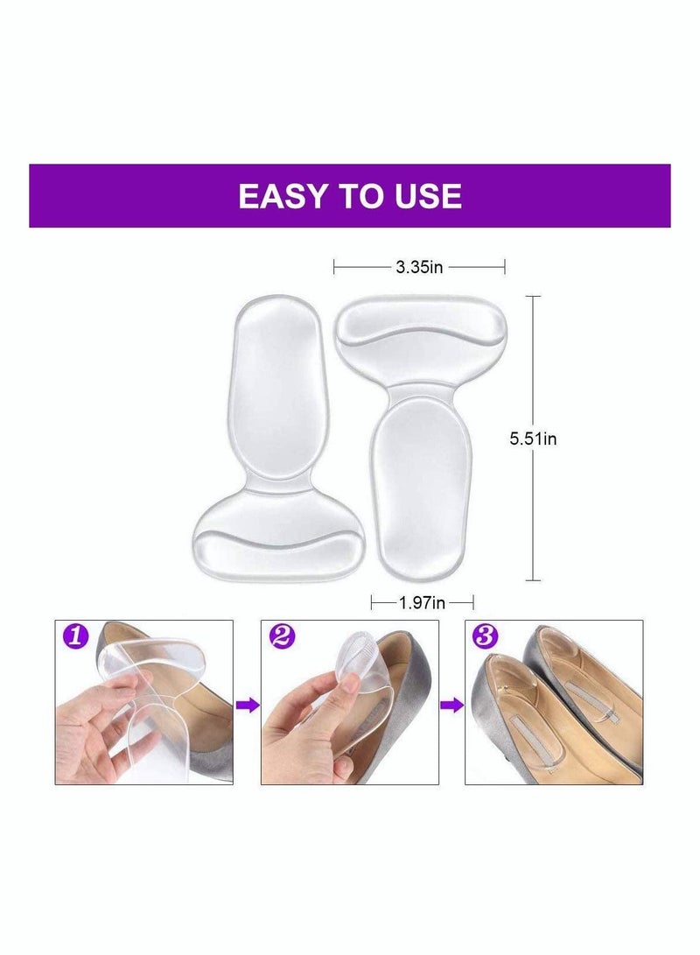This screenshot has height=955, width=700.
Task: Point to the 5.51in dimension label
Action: pyautogui.click(x=533, y=439)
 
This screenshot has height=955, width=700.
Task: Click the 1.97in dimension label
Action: pyautogui.click(x=421, y=602)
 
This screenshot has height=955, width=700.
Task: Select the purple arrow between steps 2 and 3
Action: pyautogui.click(x=451, y=705)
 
